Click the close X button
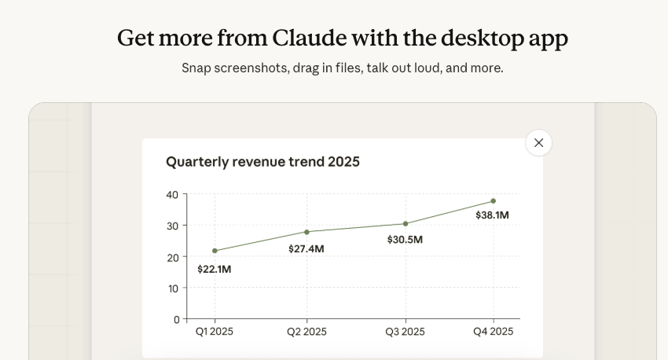538,143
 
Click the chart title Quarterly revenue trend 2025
262,162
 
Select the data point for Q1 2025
215,251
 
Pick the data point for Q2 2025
306,232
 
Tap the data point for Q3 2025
406,224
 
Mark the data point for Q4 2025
493,201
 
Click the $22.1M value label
215,269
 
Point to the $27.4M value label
306,249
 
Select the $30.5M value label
405,240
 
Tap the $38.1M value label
492,215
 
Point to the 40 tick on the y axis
172,194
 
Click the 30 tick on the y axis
172,226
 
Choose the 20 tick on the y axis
172,257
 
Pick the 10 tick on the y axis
172,288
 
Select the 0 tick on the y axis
175,319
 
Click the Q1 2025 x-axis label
215,332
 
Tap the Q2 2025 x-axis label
306,332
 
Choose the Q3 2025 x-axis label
406,332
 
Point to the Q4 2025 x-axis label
493,332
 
